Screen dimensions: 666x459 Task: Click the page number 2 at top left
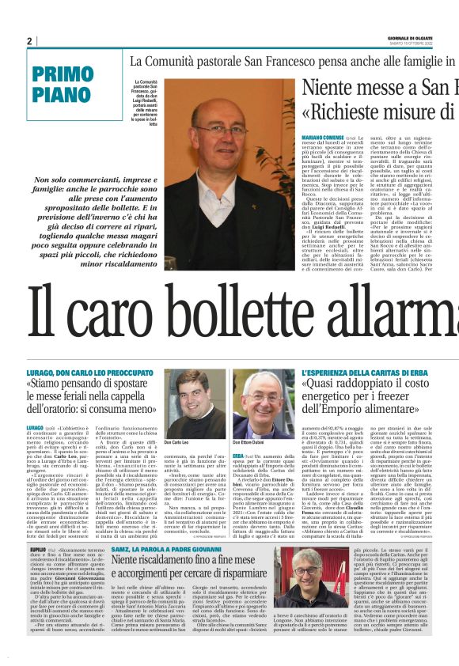pos(29,40)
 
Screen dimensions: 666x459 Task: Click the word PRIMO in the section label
pos(63,75)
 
